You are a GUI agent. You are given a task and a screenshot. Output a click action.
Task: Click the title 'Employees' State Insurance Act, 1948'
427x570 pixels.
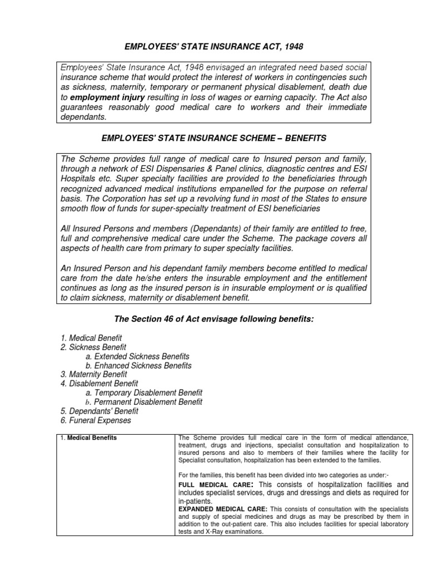[213, 45]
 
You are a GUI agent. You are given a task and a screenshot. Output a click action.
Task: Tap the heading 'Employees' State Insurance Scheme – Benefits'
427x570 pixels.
[213, 136]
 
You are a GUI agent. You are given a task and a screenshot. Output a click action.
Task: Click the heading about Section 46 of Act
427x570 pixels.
[213, 318]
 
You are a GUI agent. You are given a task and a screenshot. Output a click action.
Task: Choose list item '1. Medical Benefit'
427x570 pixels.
[91, 338]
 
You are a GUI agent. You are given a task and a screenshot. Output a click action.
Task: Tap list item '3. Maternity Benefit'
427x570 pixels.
[93, 375]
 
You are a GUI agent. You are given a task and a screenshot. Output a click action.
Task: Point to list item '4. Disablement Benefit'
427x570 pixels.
[98, 384]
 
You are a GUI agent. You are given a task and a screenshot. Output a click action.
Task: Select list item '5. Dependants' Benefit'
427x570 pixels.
[99, 411]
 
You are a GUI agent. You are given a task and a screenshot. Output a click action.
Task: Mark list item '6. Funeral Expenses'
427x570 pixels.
[95, 420]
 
